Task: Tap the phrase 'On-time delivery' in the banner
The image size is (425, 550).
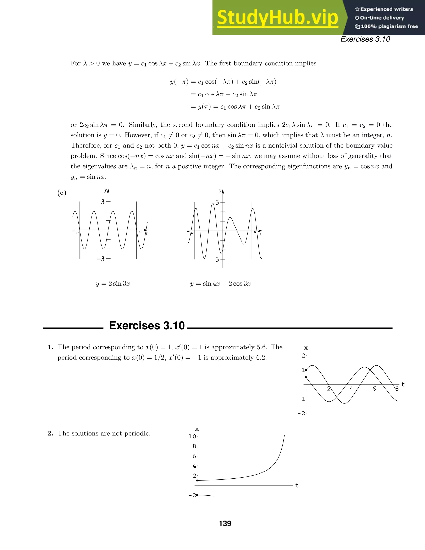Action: pyautogui.click(x=382, y=18)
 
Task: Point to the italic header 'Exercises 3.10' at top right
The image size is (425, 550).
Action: pyautogui.click(x=365, y=39)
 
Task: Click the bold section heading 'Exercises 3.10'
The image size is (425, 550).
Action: pyautogui.click(x=147, y=326)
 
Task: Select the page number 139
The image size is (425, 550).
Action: pyautogui.click(x=225, y=524)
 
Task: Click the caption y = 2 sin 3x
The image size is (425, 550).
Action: pyautogui.click(x=113, y=284)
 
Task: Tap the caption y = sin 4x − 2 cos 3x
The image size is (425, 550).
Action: pyautogui.click(x=221, y=284)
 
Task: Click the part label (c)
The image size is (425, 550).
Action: pyautogui.click(x=62, y=193)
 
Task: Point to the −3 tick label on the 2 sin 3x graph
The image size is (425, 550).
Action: pyautogui.click(x=101, y=259)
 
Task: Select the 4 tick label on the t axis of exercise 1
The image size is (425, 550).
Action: pyautogui.click(x=352, y=389)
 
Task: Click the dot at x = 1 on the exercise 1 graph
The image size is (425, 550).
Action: pyautogui.click(x=306, y=370)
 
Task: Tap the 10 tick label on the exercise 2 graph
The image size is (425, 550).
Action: pyautogui.click(x=192, y=436)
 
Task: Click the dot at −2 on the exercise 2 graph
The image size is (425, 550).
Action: pyautogui.click(x=197, y=495)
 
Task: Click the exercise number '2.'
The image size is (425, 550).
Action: pyautogui.click(x=50, y=433)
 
